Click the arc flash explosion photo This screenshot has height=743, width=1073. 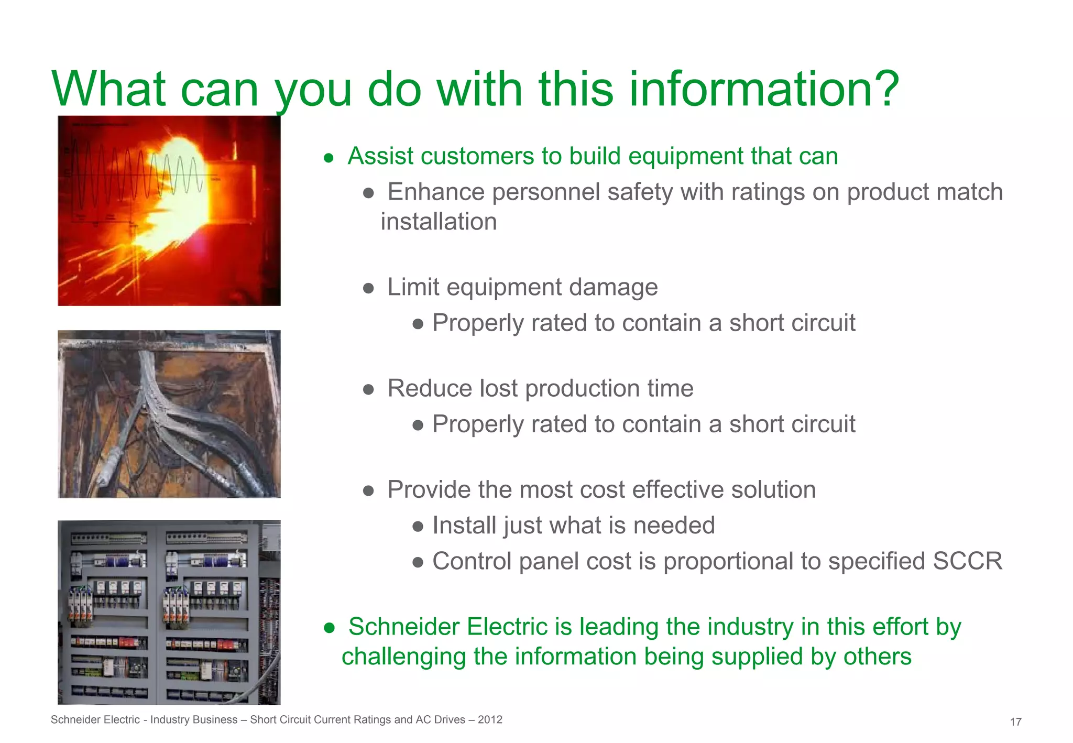coord(169,211)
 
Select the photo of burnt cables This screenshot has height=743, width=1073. coord(169,414)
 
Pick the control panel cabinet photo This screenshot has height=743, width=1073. coord(169,612)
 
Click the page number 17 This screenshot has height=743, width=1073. coord(1015,722)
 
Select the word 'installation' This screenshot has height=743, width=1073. coord(439,222)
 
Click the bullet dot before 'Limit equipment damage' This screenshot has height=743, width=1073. coord(368,288)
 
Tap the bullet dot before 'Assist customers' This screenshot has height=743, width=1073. coord(329,158)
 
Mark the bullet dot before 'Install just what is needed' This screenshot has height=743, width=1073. coord(418,527)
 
